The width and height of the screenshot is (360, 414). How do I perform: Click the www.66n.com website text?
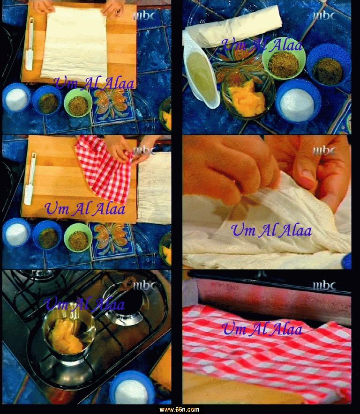pos(179,409)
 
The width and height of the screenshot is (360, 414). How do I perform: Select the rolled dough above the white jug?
pos(232,26)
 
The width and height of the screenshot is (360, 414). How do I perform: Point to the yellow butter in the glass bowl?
pos(247,98)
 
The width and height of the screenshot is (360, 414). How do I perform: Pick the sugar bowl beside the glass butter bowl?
pos(298,101)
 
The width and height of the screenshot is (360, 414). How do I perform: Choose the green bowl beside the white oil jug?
pos(284,62)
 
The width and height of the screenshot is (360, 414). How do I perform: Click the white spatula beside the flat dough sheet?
pos(30,44)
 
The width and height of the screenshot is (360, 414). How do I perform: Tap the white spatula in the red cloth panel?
pos(30,179)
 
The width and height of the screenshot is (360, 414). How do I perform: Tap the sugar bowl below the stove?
pos(132,388)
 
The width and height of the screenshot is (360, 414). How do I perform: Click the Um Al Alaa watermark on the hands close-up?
pos(271,230)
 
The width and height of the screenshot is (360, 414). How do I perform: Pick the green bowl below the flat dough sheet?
pos(78,103)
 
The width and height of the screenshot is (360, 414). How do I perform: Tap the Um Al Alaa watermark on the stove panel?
pos(84,303)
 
